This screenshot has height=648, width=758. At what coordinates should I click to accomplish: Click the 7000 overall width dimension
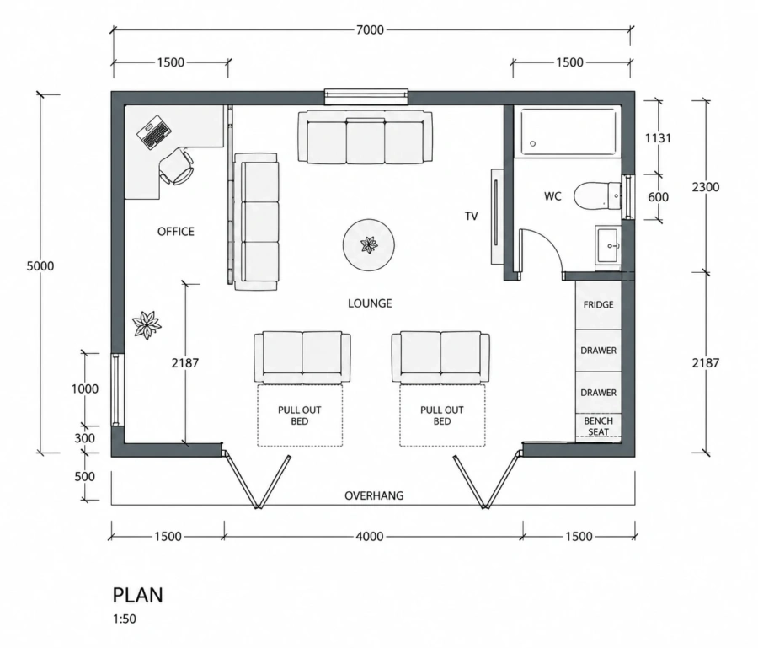(x=370, y=30)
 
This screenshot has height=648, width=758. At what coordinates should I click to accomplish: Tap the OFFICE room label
(x=176, y=232)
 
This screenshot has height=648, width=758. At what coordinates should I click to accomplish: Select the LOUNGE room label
(x=370, y=303)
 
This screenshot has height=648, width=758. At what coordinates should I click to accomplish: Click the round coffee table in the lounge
(x=369, y=245)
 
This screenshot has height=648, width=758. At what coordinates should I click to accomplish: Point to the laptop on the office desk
(x=154, y=131)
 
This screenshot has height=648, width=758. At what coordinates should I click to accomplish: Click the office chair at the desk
(x=177, y=166)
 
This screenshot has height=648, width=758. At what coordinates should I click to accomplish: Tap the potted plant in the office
(x=147, y=324)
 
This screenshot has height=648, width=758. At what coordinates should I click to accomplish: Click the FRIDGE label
(x=598, y=305)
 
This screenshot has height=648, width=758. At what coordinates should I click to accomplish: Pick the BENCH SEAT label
(x=598, y=426)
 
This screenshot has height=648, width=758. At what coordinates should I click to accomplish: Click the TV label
(x=472, y=217)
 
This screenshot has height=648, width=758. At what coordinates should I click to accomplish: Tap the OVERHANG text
(x=374, y=495)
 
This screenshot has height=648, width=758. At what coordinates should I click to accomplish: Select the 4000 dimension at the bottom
(x=370, y=536)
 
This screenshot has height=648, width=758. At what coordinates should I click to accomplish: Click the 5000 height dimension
(x=40, y=266)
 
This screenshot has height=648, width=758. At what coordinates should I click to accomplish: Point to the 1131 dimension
(x=658, y=138)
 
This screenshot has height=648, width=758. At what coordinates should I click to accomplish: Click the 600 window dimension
(x=658, y=197)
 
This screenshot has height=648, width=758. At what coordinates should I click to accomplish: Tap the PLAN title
(x=138, y=595)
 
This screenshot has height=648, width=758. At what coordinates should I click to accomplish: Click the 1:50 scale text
(x=125, y=619)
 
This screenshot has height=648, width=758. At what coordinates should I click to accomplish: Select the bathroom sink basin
(x=608, y=246)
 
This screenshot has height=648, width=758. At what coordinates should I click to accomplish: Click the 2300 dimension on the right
(x=705, y=187)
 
